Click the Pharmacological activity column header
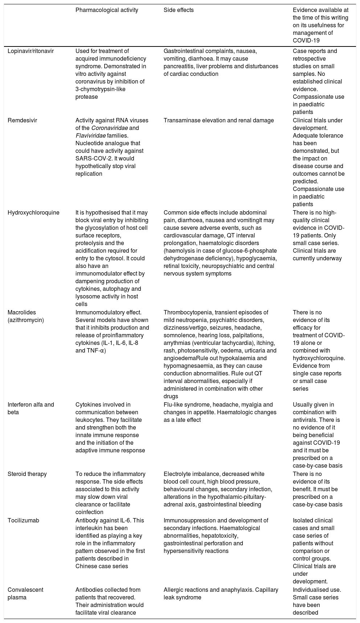(x=107, y=10)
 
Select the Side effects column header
(x=179, y=10)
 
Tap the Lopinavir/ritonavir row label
(x=30, y=51)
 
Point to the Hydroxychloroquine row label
(x=33, y=212)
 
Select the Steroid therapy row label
(x=27, y=474)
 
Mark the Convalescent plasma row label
(x=25, y=593)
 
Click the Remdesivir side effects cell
(x=218, y=120)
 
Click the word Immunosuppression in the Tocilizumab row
(x=187, y=520)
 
